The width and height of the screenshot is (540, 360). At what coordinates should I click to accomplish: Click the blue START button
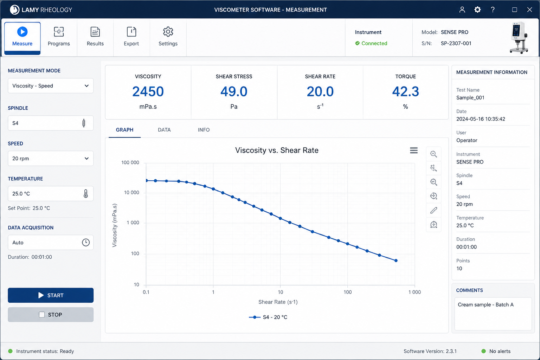[51, 295]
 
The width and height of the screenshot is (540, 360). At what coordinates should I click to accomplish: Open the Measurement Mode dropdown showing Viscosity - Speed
[51, 85]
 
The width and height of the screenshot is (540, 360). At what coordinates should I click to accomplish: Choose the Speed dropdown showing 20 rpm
[51, 159]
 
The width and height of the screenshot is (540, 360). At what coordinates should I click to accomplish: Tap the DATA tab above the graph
[164, 130]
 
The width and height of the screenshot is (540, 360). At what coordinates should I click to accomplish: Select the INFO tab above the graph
[204, 130]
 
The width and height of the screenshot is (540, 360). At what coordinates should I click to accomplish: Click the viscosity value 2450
[148, 91]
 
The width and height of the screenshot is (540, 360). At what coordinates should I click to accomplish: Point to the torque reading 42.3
[405, 91]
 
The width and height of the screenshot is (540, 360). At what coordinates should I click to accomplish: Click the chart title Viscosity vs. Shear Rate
[277, 150]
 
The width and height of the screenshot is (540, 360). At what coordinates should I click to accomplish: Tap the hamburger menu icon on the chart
[414, 150]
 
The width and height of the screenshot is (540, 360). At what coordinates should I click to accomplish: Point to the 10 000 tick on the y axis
[131, 192]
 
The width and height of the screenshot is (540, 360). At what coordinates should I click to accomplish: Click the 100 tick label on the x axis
[347, 292]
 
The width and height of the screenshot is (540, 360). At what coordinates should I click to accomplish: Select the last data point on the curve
[396, 261]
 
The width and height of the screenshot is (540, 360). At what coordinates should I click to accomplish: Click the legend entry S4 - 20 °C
[268, 317]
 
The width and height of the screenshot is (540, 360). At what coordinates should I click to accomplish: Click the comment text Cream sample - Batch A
[486, 304]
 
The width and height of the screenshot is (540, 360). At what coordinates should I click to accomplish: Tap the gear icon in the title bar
[477, 9]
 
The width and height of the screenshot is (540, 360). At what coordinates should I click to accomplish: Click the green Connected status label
[374, 43]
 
